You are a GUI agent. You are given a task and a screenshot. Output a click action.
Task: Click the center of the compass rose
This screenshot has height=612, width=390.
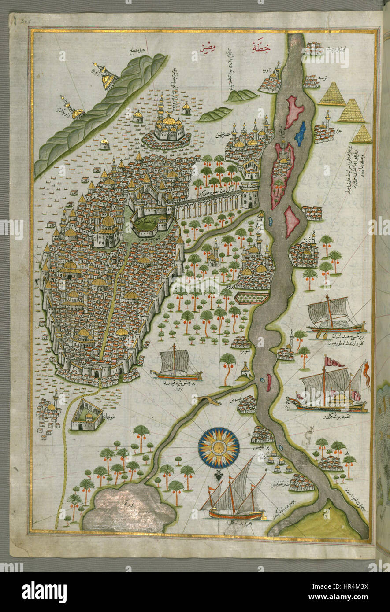coord(219,448)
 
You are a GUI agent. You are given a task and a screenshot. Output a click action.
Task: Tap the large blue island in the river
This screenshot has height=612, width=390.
coord(301,133)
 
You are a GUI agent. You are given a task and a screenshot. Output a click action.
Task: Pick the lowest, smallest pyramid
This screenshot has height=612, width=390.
coord(363,134)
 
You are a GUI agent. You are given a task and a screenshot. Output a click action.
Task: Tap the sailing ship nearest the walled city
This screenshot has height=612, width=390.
coord(176,365)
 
